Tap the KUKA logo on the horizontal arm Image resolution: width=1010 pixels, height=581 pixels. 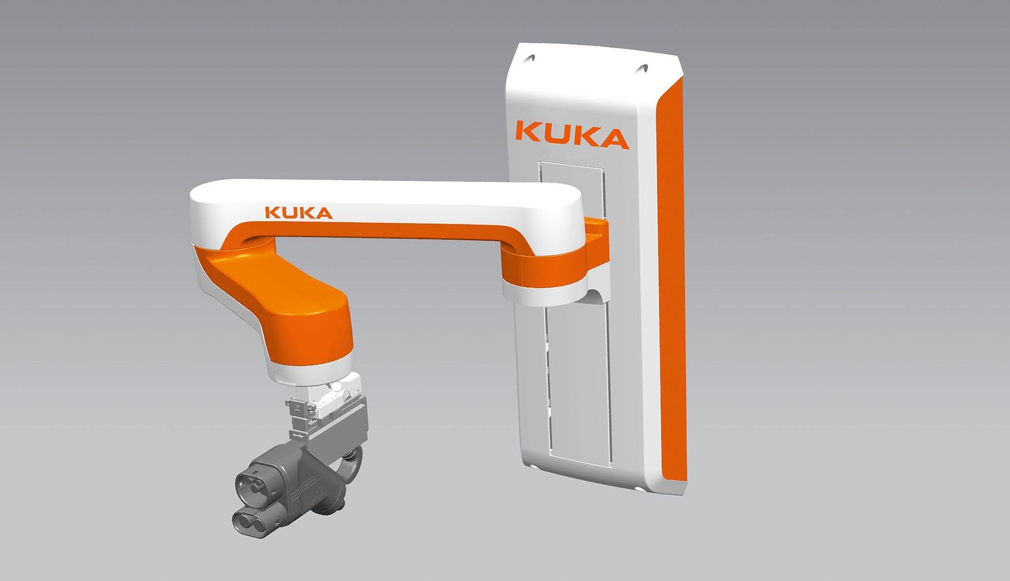pyautogui.click(x=299, y=213)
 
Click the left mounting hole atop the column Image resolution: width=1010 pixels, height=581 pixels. pyautogui.click(x=531, y=57)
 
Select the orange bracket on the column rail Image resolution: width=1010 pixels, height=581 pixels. pyautogui.click(x=596, y=237)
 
